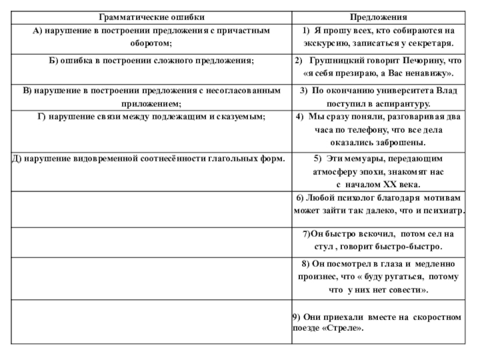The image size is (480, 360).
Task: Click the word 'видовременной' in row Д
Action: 122,159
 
